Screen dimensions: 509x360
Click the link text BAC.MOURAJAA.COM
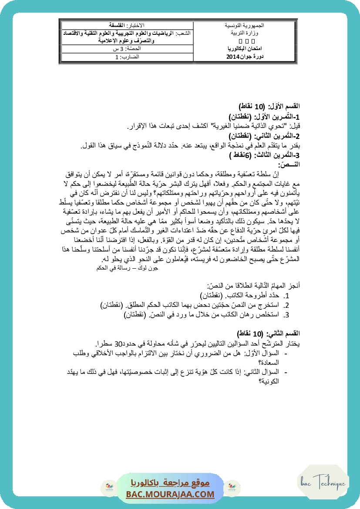pyautogui.click(x=170, y=494)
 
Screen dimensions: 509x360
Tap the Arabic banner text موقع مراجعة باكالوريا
pyautogui.click(x=170, y=483)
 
